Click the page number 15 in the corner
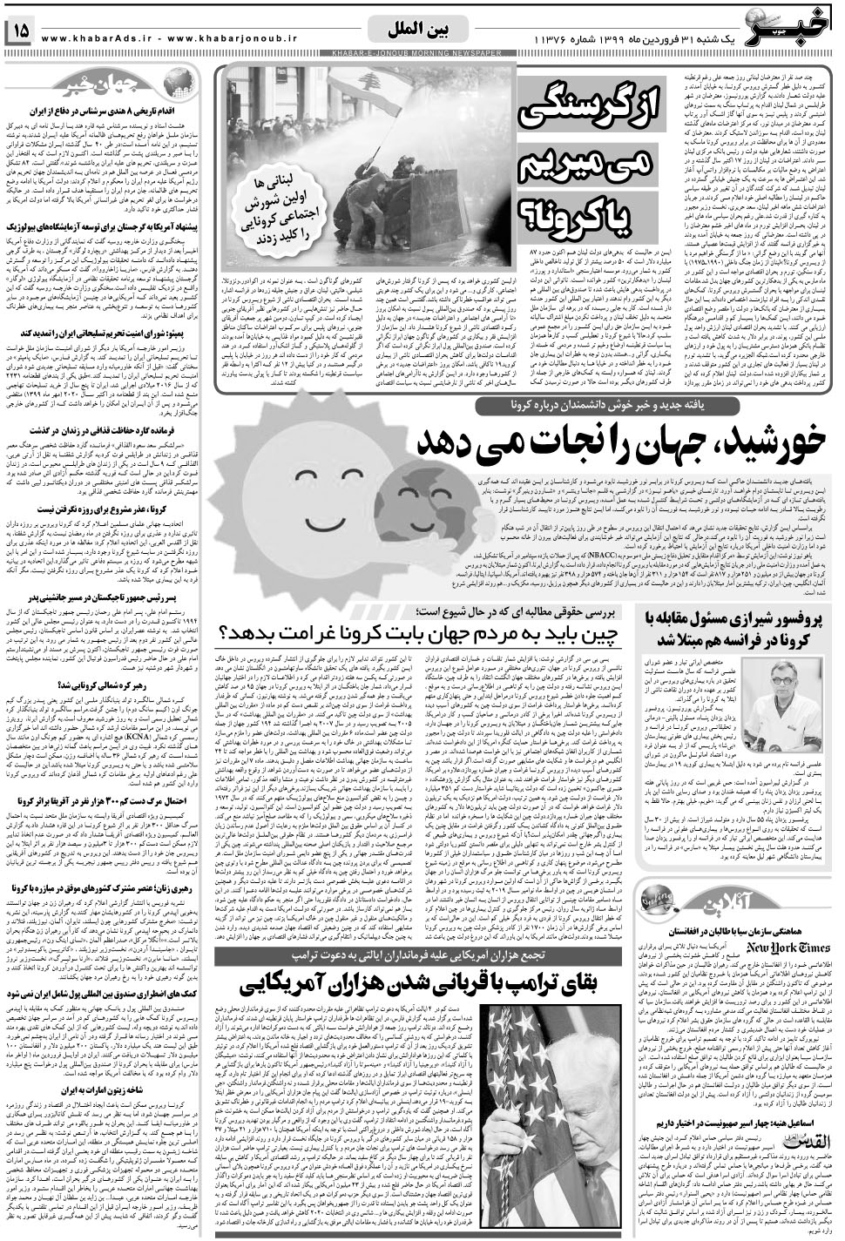coord(20,32)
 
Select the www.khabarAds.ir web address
coord(103,38)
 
